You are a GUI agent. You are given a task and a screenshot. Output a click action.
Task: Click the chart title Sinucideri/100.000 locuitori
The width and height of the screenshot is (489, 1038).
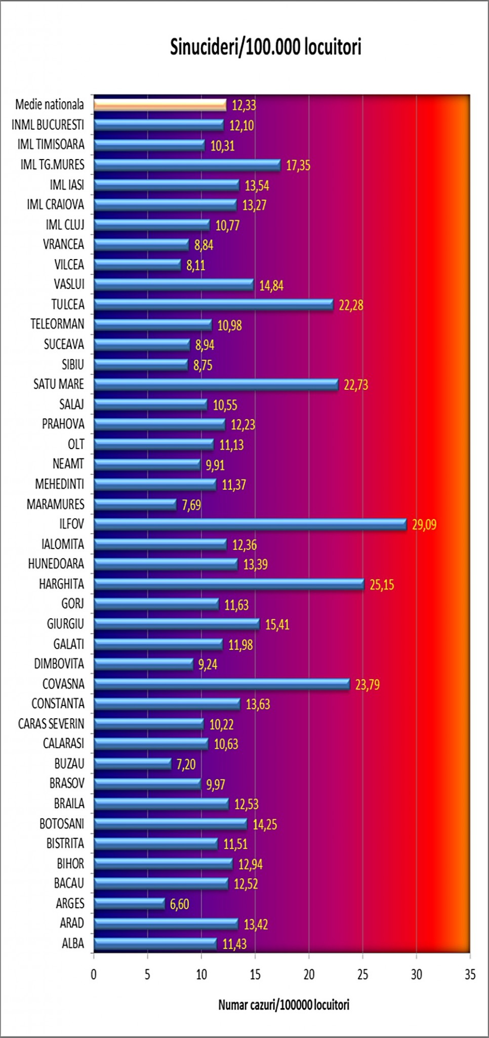(x=265, y=47)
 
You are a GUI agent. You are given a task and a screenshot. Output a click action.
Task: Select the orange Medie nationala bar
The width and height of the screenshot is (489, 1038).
(x=160, y=105)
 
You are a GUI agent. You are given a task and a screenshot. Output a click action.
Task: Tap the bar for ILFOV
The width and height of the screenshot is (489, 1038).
(x=250, y=524)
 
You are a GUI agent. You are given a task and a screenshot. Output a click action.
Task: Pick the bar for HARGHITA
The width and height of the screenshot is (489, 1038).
(x=229, y=584)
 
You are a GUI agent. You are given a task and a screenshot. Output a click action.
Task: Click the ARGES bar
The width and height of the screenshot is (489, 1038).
(x=130, y=903)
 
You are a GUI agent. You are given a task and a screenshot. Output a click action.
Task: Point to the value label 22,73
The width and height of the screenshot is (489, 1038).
(x=356, y=385)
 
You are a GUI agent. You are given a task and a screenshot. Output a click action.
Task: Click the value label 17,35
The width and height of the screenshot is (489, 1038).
(x=298, y=165)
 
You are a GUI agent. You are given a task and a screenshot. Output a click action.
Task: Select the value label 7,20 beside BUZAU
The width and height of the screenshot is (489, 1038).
(x=186, y=764)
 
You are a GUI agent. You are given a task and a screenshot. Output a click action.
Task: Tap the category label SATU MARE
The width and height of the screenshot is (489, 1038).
(x=59, y=384)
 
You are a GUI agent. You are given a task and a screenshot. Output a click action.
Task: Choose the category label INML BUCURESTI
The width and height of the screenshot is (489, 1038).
(x=48, y=125)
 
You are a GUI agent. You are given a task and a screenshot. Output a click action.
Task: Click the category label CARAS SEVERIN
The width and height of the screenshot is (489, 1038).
(x=51, y=724)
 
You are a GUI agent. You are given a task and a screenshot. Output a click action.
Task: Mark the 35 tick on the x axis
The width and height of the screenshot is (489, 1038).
(x=470, y=974)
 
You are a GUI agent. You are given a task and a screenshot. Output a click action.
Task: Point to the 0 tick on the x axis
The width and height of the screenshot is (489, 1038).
(x=94, y=974)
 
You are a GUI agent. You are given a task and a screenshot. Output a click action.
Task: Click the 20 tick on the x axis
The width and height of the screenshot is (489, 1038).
(x=309, y=974)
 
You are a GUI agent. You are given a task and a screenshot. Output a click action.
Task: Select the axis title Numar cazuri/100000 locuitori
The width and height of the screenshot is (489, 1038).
(x=283, y=1005)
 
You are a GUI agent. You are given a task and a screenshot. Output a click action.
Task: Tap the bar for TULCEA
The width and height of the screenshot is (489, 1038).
(x=214, y=305)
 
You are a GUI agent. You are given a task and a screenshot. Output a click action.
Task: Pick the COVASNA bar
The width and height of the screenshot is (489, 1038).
(x=222, y=684)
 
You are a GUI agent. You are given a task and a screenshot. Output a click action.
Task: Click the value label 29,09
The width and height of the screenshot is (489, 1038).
(x=424, y=525)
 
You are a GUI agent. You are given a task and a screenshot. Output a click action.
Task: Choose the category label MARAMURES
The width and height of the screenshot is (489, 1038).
(x=56, y=504)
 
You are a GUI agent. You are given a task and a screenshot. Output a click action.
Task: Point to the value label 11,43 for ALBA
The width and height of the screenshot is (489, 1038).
(x=234, y=944)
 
